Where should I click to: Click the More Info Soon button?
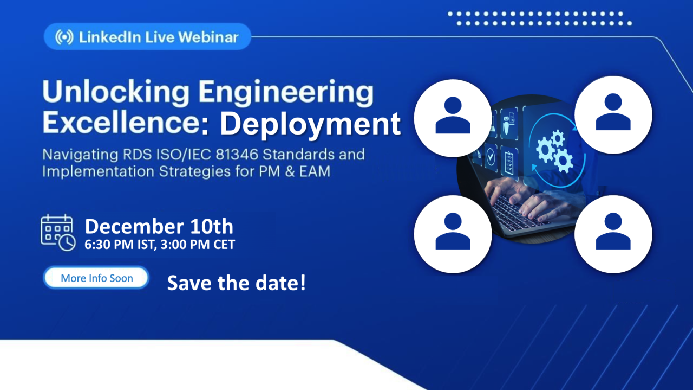click(x=96, y=278)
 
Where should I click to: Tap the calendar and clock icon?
click(x=58, y=232)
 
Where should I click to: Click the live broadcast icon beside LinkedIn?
click(x=64, y=37)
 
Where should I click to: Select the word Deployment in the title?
click(x=310, y=124)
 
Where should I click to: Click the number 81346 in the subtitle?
click(x=237, y=155)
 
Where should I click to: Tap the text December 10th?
click(x=159, y=226)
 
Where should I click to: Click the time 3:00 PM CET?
click(x=198, y=245)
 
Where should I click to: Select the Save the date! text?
click(x=237, y=283)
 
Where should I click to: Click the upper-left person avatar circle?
click(x=453, y=118)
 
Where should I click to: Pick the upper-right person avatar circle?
click(x=613, y=114)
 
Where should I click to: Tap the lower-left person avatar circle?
click(x=453, y=234)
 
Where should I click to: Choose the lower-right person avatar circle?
click(x=613, y=234)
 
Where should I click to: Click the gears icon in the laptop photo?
click(x=554, y=151)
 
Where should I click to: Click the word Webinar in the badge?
click(x=208, y=37)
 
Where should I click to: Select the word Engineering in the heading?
click(x=286, y=92)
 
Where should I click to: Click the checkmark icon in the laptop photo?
click(x=491, y=157)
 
